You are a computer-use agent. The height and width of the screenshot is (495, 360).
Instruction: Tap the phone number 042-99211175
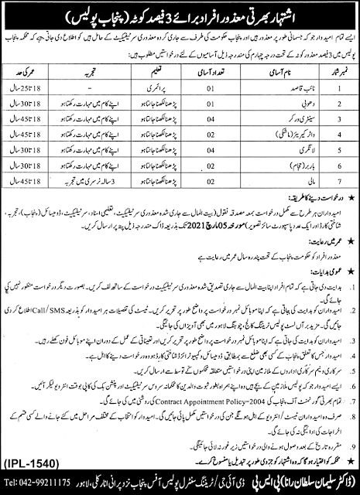[x=74, y=487]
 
